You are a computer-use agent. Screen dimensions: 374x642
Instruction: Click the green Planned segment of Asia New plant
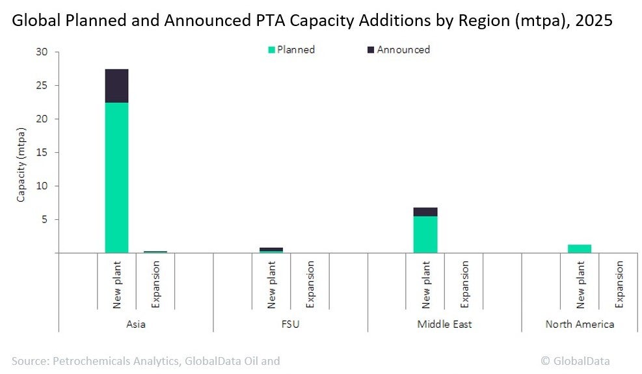[116, 177]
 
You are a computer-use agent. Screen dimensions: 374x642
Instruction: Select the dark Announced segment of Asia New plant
[116, 86]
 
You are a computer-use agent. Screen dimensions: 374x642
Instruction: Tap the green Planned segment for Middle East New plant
[425, 234]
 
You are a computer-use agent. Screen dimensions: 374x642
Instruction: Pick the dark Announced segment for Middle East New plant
[425, 212]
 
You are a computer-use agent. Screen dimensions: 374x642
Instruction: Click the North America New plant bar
[580, 248]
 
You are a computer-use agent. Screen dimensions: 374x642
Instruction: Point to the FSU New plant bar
[271, 249]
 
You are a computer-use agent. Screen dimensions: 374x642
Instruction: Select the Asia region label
[136, 324]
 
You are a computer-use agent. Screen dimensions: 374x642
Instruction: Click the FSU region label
[290, 324]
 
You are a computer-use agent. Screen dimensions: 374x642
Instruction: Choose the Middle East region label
[444, 324]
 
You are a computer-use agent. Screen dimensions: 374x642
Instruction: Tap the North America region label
[580, 324]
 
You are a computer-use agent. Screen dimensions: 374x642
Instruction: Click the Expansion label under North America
[619, 284]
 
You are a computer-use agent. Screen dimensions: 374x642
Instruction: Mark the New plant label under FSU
[271, 284]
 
